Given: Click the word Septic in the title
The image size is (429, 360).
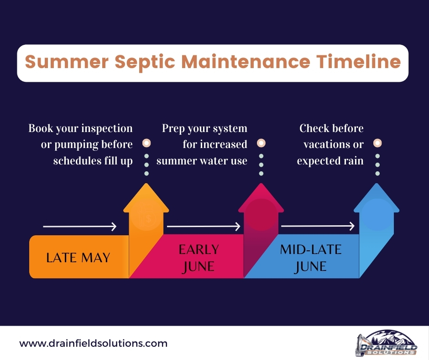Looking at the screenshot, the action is [145, 63].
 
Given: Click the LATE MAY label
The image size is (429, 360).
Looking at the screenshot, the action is [78, 258].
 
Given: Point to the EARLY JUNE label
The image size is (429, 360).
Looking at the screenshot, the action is [199, 258].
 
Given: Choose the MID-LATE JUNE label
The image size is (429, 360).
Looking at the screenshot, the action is [310, 258].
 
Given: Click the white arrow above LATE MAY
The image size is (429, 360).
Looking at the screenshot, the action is [79, 227].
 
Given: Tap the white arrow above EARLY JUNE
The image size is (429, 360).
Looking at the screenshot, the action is [204, 227].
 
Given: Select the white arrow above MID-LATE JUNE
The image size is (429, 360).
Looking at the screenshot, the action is [318, 226].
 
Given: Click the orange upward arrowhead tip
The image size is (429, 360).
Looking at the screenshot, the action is [146, 184].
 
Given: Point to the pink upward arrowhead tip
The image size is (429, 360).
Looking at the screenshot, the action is [261, 184].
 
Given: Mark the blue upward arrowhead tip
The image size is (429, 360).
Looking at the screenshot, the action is [377, 184].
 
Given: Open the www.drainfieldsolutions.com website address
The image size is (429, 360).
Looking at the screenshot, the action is [93, 343].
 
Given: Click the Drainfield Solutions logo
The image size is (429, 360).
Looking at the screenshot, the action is [387, 343].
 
